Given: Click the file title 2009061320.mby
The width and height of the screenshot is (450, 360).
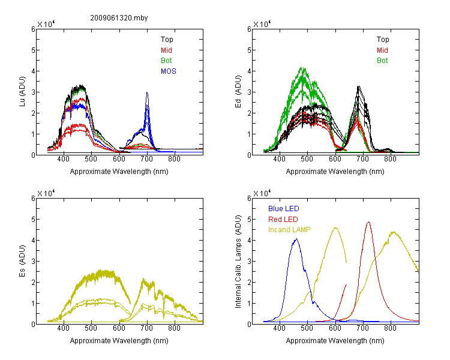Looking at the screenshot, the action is [x=119, y=18].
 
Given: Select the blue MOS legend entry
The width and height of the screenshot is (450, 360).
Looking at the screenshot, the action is [x=169, y=71].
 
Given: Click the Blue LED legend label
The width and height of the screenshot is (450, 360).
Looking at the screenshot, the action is [x=284, y=209].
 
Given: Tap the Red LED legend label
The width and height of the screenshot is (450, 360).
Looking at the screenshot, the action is [x=283, y=220].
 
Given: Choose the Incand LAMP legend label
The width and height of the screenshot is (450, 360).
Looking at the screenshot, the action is [x=289, y=230].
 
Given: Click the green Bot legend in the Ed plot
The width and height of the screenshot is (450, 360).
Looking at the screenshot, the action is [x=382, y=61].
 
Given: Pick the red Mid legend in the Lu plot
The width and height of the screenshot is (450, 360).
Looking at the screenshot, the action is [x=166, y=50].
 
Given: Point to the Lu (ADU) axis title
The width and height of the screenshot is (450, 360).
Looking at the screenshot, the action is [x=22, y=91].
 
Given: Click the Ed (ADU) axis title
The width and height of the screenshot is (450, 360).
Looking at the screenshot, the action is [x=238, y=92].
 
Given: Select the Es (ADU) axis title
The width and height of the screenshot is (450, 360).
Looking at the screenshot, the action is [x=22, y=261].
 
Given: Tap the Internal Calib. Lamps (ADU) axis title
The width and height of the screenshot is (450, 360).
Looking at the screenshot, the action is [x=238, y=262].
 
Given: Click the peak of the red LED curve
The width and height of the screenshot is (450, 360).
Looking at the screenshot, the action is [x=368, y=221].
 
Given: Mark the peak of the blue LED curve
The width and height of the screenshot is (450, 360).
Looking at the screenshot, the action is [x=297, y=239].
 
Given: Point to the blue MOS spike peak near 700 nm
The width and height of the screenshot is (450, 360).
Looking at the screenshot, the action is [x=147, y=92].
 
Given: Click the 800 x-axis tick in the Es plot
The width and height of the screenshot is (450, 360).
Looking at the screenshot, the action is [x=174, y=328].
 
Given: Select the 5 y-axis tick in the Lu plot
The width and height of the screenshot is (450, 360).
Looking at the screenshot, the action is [x=33, y=50].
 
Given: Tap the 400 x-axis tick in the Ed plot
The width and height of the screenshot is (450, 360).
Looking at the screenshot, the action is [x=279, y=159].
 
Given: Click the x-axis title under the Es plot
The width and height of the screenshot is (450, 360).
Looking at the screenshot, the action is [x=119, y=341].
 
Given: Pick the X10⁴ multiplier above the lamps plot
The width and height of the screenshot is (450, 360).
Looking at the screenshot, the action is [x=262, y=193].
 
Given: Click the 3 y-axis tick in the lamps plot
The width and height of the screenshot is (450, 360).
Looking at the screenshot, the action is [x=249, y=262].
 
